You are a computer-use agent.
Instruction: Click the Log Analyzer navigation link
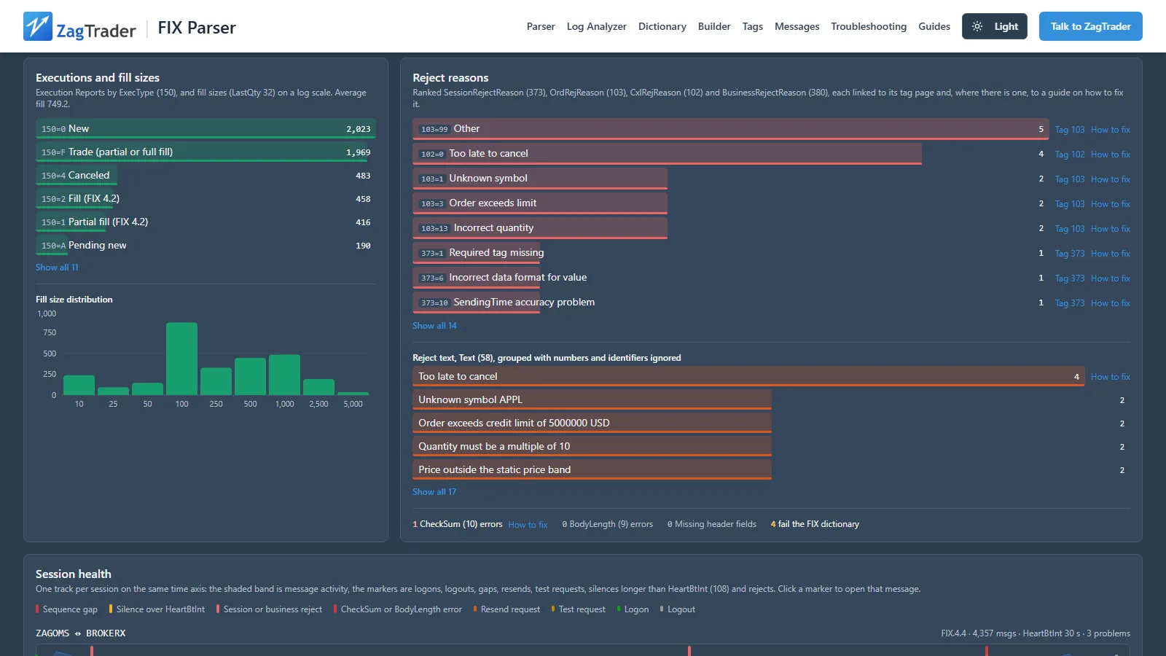[x=597, y=26]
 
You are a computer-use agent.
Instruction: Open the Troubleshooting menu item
[x=869, y=26]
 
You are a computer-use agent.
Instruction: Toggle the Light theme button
[x=994, y=26]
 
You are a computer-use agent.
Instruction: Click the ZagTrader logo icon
[x=37, y=26]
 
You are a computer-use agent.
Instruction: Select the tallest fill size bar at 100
[x=181, y=359]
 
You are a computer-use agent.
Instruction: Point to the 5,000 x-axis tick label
[x=353, y=404]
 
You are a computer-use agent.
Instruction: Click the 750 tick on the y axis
[x=50, y=332]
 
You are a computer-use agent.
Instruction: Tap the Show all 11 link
[x=57, y=268]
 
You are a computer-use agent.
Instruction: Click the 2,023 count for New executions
[x=359, y=129]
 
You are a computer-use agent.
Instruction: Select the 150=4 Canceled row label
[x=76, y=176]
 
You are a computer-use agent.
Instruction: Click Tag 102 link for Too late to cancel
[x=1070, y=155]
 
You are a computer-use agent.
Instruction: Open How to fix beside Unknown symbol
[x=1111, y=179]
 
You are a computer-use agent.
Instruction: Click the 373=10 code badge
[x=434, y=303]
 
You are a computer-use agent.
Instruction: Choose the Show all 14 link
[x=434, y=326]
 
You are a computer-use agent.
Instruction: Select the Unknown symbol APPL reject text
[x=470, y=400]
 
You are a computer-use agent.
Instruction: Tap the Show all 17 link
[x=434, y=492]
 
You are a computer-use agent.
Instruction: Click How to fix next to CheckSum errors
[x=528, y=525]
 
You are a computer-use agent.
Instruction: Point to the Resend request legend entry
[x=506, y=609]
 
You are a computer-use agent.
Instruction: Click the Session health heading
[x=74, y=574]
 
